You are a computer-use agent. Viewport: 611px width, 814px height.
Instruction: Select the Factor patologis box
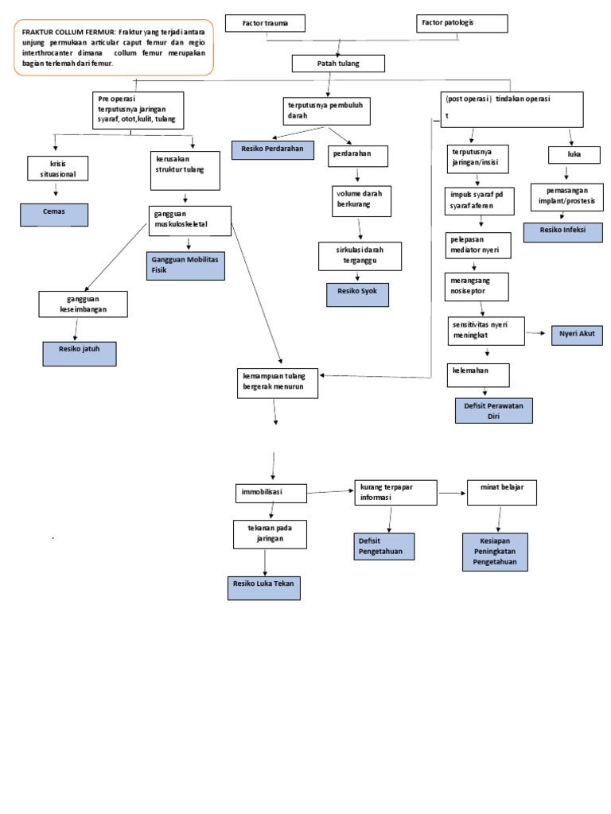[462, 23]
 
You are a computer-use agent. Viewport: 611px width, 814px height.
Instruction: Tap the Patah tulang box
[339, 64]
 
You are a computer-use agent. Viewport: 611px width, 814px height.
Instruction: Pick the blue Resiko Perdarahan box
[272, 149]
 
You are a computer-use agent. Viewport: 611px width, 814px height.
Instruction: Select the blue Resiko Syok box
[357, 294]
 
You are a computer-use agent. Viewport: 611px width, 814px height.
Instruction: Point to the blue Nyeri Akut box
[577, 335]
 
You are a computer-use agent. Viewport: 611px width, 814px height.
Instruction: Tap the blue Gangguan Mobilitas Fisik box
[185, 266]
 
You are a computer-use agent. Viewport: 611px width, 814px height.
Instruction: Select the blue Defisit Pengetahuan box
[383, 546]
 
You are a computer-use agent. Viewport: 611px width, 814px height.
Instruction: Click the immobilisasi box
[270, 493]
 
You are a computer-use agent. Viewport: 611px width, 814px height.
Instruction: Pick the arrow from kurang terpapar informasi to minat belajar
[452, 494]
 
